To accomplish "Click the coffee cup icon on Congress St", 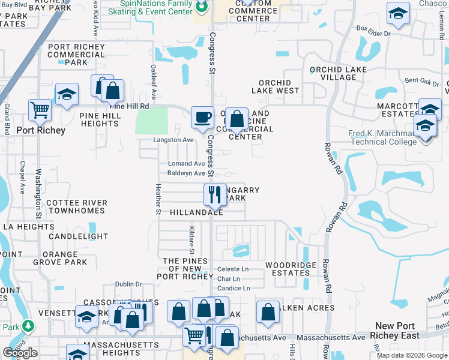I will click(x=202, y=116).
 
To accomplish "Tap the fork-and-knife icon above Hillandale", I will click(x=214, y=194).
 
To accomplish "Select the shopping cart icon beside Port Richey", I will click(x=40, y=110).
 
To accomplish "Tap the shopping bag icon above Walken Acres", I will click(x=268, y=311).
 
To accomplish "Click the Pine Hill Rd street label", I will click(x=130, y=106).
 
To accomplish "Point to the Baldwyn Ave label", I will click(x=186, y=173).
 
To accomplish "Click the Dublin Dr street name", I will click(x=129, y=284).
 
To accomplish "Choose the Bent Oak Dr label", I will click(x=423, y=80).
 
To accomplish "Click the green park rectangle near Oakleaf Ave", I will click(x=152, y=121).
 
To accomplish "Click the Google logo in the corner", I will click(x=20, y=353).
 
